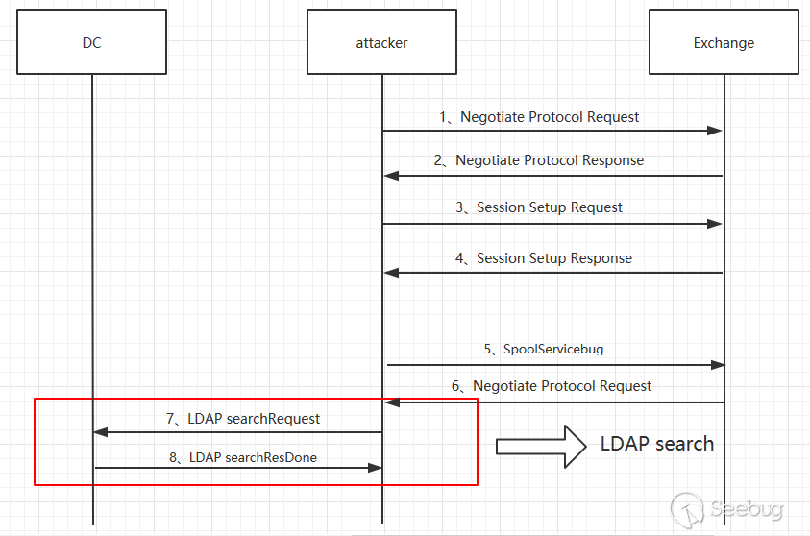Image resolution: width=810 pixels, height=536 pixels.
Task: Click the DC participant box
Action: coord(92,42)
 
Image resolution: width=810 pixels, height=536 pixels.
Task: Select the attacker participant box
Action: coord(381,42)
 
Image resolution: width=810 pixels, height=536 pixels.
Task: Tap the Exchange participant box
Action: coord(724,42)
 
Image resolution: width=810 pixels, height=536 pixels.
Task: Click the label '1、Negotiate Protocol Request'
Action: coord(539,117)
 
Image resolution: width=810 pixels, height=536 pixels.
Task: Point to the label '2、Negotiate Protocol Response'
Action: coord(538,160)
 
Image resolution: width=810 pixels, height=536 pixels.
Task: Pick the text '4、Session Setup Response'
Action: coord(543,258)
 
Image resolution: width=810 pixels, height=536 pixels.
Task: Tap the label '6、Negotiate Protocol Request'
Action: coord(552,386)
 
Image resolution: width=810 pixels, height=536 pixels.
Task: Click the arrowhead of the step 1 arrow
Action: coord(716,131)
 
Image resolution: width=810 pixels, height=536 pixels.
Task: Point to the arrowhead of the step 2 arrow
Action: coord(391,176)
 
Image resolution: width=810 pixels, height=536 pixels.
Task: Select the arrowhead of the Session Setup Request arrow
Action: coord(716,224)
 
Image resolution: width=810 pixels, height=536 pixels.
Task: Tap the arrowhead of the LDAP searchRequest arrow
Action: coord(101,432)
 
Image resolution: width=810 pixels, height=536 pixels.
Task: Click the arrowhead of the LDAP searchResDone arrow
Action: coord(375,468)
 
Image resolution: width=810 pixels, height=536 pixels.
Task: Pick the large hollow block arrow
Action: coord(541,446)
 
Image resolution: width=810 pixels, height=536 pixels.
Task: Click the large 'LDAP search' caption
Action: coord(657,444)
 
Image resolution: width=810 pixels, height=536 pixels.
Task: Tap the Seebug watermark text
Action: coord(745,508)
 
